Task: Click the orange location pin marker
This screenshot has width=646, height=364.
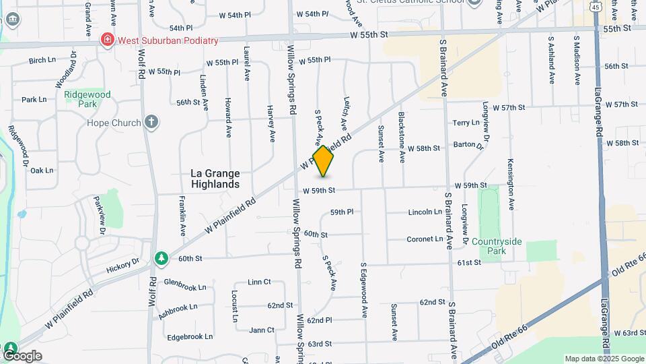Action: coord(324,161)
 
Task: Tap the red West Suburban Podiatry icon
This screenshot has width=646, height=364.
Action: coord(107,40)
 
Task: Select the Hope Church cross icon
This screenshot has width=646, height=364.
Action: coord(152,123)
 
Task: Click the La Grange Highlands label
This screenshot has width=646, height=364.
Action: coord(215,179)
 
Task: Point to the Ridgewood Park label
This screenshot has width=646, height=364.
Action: coord(87,99)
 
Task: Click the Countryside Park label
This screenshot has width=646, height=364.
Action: coord(498,246)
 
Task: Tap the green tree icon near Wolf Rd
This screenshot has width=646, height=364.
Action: coord(161,257)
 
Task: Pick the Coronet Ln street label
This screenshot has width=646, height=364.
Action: coord(425,239)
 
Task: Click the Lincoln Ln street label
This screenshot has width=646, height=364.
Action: coord(425,212)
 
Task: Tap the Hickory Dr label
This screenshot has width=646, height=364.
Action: coord(122,265)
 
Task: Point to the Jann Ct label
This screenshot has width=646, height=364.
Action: coord(261,330)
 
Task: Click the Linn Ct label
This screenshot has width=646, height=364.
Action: coord(259,282)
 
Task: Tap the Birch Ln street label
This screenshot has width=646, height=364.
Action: coord(42,60)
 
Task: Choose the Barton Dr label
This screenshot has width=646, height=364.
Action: coord(468,144)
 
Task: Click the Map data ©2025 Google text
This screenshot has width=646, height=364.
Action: coord(604,359)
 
